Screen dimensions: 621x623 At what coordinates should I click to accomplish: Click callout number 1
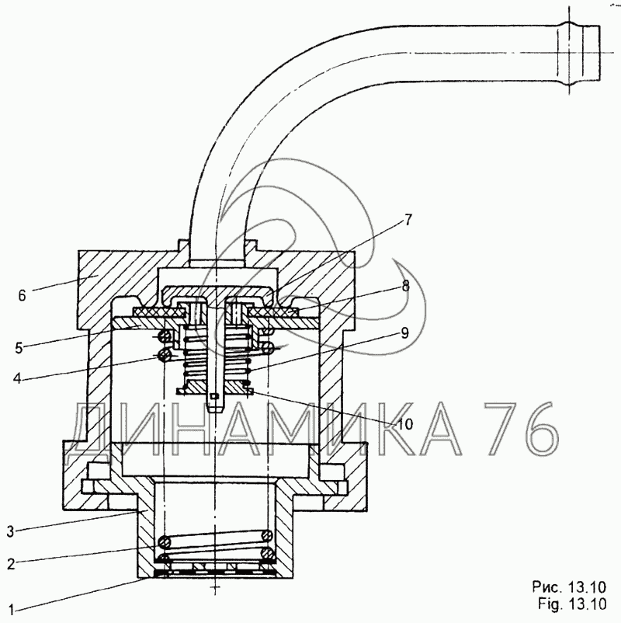pyautogui.click(x=11, y=609)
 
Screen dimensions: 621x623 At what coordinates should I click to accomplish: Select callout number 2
pyautogui.click(x=11, y=563)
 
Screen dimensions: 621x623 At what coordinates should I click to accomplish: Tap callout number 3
pyautogui.click(x=11, y=531)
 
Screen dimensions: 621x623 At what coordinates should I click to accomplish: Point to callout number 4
pyautogui.click(x=17, y=378)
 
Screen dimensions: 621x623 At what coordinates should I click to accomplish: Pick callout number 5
pyautogui.click(x=19, y=348)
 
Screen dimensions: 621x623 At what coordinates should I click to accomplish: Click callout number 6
pyautogui.click(x=22, y=295)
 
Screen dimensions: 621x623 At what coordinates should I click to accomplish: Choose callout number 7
pyautogui.click(x=408, y=220)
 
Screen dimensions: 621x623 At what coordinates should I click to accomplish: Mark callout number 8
pyautogui.click(x=405, y=286)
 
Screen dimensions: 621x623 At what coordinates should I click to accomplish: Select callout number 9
pyautogui.click(x=404, y=333)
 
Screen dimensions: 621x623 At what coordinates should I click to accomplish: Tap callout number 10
pyautogui.click(x=405, y=424)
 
